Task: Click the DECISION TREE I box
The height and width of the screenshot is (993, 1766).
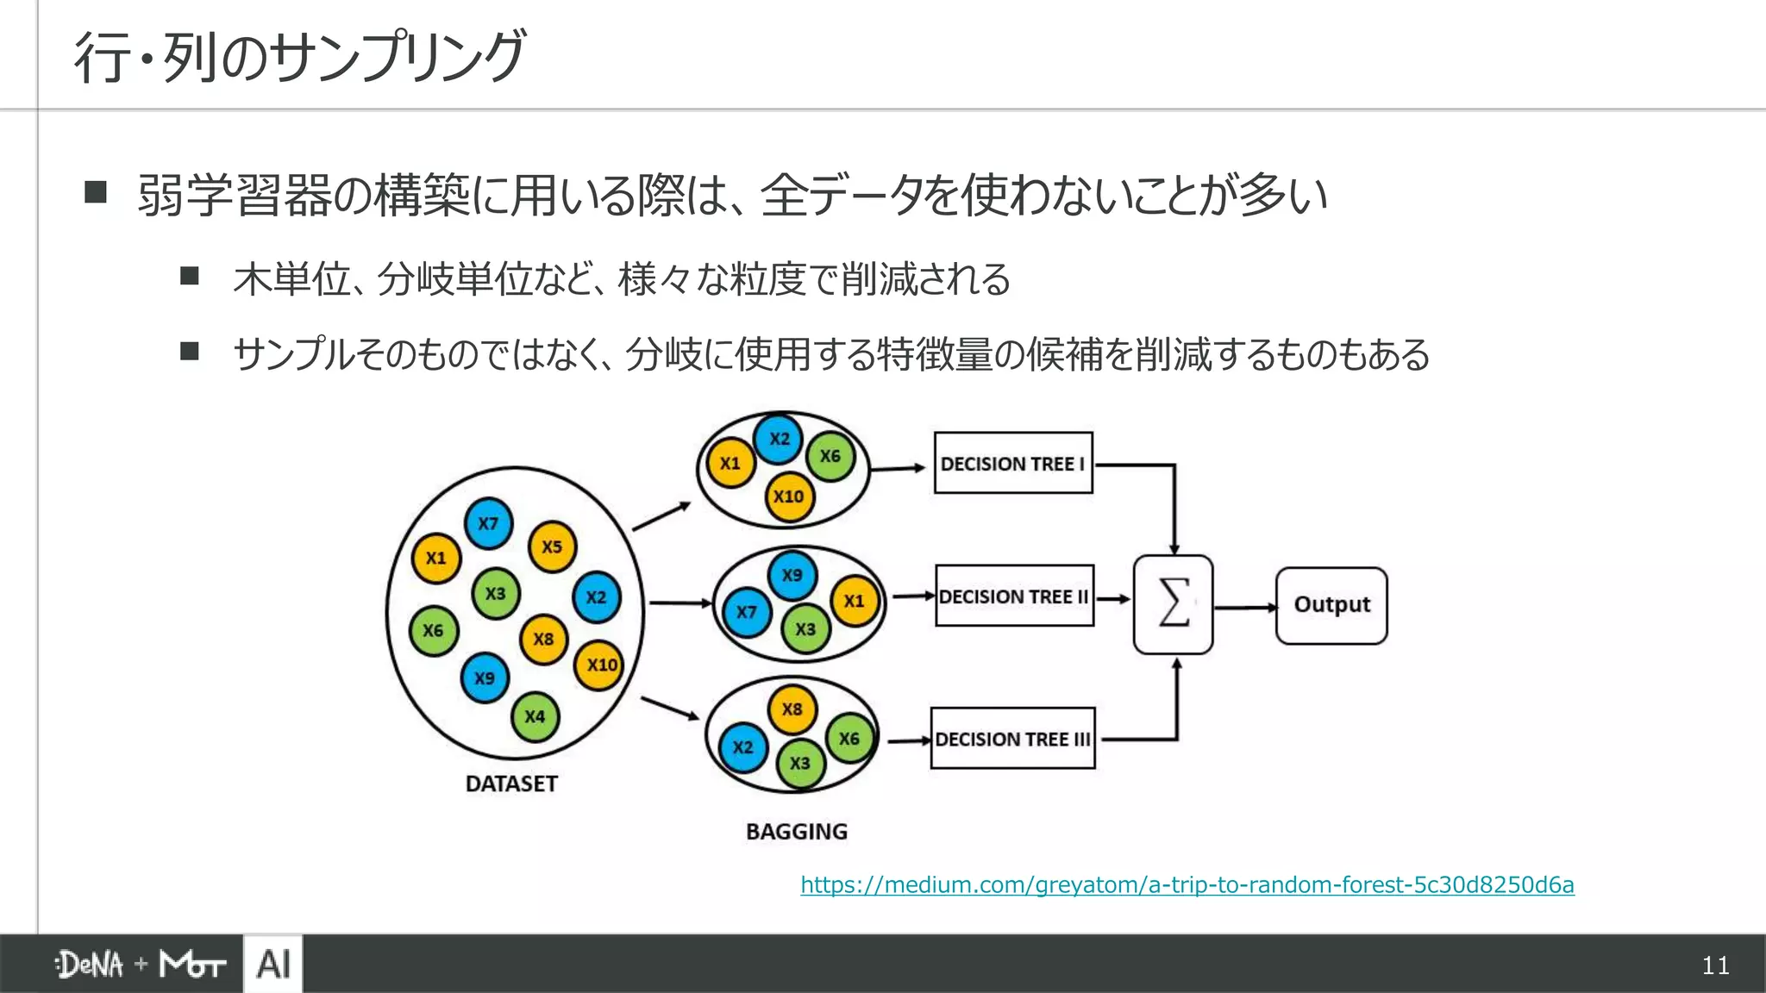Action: (1013, 463)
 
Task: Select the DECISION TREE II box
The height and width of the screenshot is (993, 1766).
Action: (1014, 596)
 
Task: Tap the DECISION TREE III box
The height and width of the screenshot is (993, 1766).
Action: (1012, 739)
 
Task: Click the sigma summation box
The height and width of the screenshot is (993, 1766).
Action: (1173, 604)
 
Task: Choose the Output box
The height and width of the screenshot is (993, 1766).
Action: (1331, 605)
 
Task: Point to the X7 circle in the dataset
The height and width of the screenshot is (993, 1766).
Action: (488, 523)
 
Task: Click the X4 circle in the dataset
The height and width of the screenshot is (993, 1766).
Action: (535, 716)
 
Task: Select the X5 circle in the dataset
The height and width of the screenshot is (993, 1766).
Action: (552, 546)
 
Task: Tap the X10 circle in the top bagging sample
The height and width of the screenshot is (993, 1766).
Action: (789, 496)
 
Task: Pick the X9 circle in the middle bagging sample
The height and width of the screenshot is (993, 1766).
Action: (792, 575)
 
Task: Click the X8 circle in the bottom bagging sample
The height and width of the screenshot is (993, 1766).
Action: (792, 709)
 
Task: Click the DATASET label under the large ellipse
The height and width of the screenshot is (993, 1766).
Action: (511, 784)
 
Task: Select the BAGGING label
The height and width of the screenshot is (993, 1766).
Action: (796, 832)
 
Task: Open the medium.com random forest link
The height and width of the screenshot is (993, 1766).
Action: (1187, 885)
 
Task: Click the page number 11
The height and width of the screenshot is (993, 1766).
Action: (1715, 965)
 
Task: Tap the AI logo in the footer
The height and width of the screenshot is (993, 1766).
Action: (273, 964)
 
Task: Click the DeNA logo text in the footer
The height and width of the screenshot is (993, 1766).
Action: (91, 965)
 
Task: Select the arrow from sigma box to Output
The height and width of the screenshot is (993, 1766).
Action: (1244, 608)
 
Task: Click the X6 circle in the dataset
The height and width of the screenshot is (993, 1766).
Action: (433, 631)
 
